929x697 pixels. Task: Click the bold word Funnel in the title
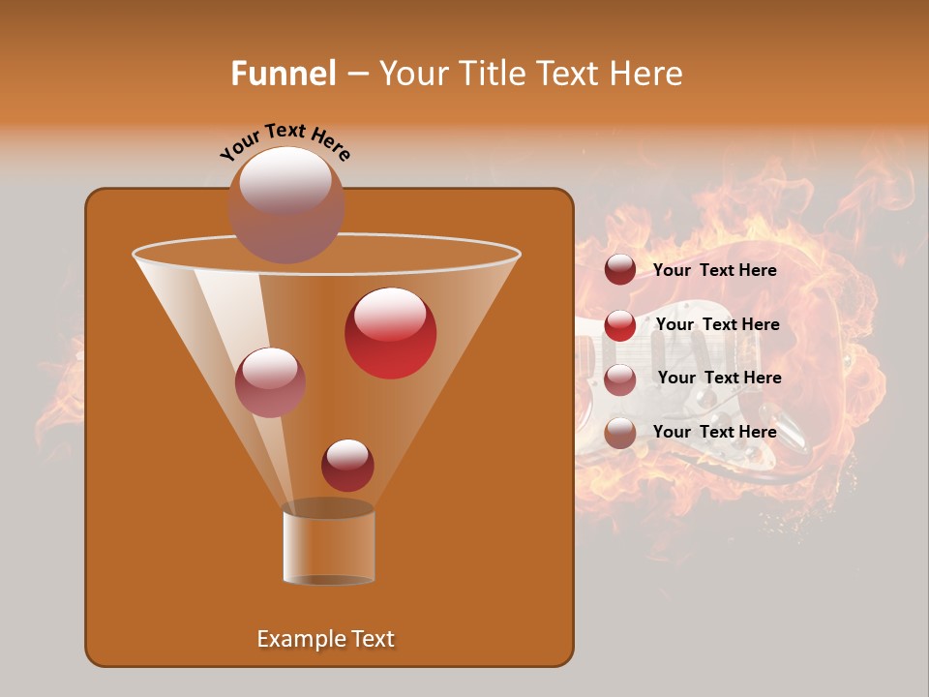click(x=283, y=74)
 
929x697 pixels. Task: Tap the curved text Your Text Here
click(x=285, y=141)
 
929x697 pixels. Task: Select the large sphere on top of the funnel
click(x=285, y=204)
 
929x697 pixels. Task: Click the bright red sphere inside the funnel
click(x=390, y=333)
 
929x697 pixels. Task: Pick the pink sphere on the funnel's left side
click(x=270, y=382)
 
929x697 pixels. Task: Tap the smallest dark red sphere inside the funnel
click(x=347, y=465)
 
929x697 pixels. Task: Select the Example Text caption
click(x=325, y=639)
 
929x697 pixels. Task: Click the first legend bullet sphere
click(x=619, y=270)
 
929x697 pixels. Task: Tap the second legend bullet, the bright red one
click(x=619, y=325)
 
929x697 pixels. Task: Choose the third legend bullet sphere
click(x=619, y=379)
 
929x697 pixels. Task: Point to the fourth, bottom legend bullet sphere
click(x=619, y=433)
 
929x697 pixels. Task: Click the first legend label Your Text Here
click(x=714, y=270)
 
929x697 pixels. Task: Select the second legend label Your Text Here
click(x=717, y=324)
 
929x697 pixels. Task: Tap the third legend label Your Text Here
click(x=719, y=378)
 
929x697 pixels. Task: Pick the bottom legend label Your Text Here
click(x=714, y=432)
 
